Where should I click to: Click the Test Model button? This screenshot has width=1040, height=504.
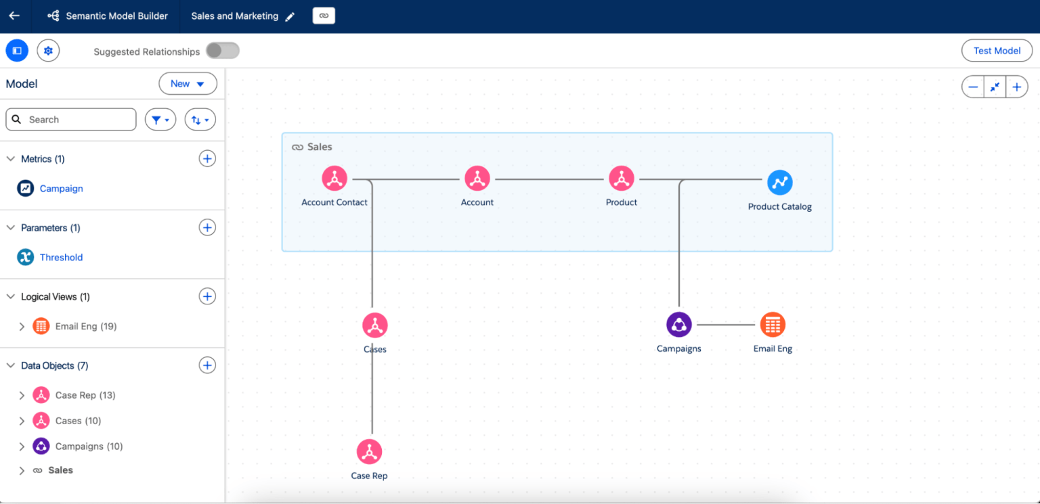[x=996, y=51]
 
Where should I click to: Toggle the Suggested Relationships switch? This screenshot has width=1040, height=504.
[x=222, y=51]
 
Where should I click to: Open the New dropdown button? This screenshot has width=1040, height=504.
[x=188, y=84]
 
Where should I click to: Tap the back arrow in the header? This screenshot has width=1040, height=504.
[x=14, y=16]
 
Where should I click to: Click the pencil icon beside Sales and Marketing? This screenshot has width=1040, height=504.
[x=290, y=17]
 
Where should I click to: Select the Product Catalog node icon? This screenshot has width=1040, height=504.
[x=779, y=182]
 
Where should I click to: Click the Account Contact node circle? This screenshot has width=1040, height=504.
[x=334, y=179]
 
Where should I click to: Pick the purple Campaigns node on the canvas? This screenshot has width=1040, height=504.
[x=678, y=325]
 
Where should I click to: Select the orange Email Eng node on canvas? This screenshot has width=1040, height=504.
[x=772, y=325]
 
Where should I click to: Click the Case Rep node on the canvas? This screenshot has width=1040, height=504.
[x=369, y=451]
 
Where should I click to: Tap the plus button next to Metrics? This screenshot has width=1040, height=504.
[x=207, y=159]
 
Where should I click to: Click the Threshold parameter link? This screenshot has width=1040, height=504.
[x=61, y=258]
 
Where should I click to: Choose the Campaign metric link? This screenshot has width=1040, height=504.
[x=61, y=189]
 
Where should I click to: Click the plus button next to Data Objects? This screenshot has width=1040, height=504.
[x=207, y=365]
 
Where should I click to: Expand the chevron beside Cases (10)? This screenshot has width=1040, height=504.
[x=22, y=421]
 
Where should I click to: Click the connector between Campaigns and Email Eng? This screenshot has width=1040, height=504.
[x=725, y=325]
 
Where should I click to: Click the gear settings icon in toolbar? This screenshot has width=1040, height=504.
[x=48, y=51]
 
